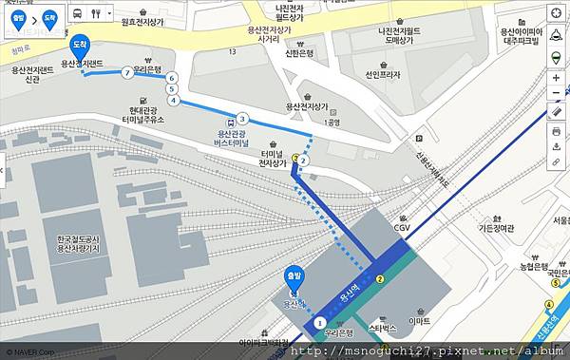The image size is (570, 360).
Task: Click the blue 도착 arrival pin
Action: (80, 46)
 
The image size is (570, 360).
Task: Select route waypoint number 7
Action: (127, 72)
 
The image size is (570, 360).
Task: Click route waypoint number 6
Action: (172, 78)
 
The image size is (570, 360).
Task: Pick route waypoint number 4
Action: (173, 99)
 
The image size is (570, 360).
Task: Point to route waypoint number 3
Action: (243, 119)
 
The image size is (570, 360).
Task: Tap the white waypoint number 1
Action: (319, 324)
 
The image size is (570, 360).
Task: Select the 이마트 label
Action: (419, 321)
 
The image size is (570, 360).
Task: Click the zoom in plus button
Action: (556, 77)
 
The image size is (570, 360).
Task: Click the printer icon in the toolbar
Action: (556, 129)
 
